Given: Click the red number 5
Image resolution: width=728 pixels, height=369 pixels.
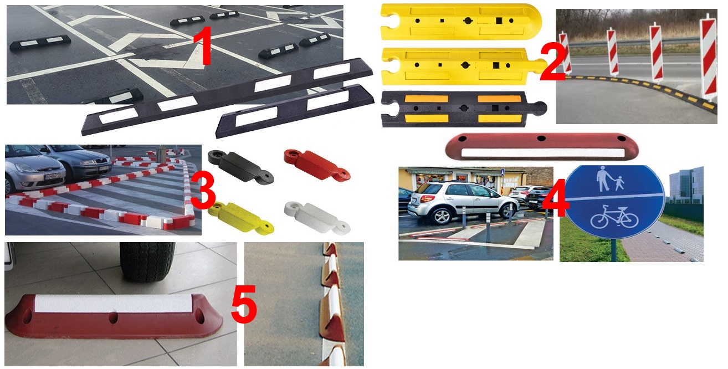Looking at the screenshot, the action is point(244,304).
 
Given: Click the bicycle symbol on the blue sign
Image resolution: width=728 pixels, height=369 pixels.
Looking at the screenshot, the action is point(614,217).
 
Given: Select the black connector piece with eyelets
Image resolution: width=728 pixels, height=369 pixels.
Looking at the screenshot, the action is point(241,166).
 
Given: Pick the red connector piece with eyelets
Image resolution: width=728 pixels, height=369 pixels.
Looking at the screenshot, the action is point(317,165).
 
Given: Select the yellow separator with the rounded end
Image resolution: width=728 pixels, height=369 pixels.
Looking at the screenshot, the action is point(461,22).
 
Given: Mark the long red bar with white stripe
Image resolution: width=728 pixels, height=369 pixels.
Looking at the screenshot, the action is point(542,147).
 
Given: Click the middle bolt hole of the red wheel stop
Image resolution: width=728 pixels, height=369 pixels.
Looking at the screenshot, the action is point(113,317).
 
